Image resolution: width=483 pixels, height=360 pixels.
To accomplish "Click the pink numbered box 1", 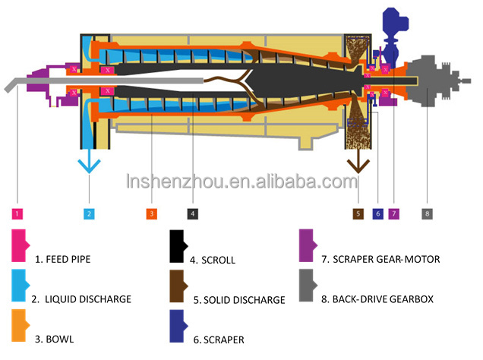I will point(17,214).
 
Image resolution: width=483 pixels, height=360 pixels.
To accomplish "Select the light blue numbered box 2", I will point(90,214).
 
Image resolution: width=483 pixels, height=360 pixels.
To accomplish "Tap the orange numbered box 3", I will point(151,214).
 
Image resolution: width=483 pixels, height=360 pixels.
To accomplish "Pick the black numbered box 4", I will point(193,214).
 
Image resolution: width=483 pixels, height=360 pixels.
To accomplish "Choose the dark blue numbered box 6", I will point(377,214).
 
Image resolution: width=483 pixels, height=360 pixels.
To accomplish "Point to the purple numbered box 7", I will point(393,214).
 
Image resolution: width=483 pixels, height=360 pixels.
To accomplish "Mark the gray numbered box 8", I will point(427,214).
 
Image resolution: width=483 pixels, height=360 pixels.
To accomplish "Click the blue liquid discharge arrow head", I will point(90,166).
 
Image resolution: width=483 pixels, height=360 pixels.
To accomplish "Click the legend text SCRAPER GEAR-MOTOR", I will point(380,259).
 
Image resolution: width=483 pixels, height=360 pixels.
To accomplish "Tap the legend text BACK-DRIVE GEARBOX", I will point(377,299).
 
